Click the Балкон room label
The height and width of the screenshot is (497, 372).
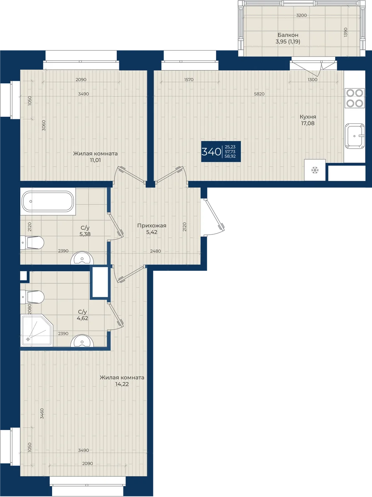pos(288,35)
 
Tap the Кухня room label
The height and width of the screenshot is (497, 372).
pos(308,117)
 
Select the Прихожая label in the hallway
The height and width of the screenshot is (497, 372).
pos(152,226)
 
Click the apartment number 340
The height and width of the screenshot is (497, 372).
pos(211,152)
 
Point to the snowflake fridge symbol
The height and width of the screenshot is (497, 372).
pos(315,170)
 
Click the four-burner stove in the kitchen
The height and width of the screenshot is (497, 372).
pos(355,98)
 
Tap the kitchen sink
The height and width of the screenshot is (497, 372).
pos(355,136)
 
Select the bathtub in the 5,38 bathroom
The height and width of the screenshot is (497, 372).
pos(48,202)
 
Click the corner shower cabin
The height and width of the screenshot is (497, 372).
pos(36,331)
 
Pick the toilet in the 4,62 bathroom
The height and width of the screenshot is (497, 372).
pos(32,297)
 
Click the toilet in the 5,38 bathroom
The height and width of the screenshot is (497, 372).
pos(32,243)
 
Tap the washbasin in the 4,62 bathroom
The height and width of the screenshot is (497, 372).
pos(82,341)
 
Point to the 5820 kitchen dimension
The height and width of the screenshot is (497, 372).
pos(259,94)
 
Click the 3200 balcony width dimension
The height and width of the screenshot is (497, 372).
pos(301,15)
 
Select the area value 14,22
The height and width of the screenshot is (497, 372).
pos(122,384)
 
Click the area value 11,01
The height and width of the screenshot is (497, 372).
pos(95,160)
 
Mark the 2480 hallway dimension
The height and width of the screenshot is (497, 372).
pos(155,251)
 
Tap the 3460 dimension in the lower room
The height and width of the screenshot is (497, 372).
pos(42,413)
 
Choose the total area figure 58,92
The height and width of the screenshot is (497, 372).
pos(230,156)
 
